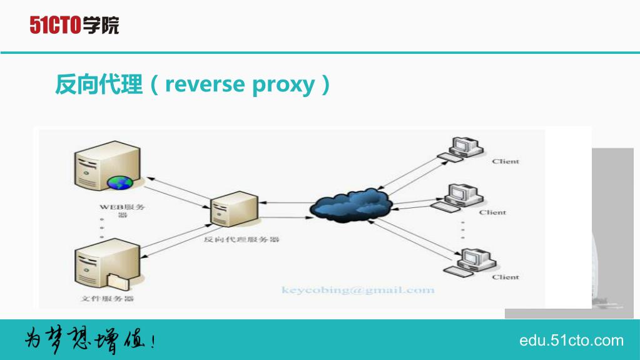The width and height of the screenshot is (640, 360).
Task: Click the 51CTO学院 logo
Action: [x=74, y=25]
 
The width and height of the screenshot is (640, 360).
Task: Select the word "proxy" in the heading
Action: [x=283, y=86]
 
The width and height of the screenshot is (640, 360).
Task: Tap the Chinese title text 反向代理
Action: [x=99, y=85]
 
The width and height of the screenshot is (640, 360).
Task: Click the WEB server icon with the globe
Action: [x=108, y=166]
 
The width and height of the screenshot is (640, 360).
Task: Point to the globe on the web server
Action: [x=119, y=183]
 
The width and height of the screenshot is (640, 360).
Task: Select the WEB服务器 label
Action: [x=122, y=210]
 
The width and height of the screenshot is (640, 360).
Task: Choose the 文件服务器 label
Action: [x=108, y=298]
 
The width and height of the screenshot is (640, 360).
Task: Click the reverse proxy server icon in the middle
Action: [x=234, y=209]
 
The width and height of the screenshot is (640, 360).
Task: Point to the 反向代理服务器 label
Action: [x=241, y=239]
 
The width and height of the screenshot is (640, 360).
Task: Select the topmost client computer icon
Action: [x=461, y=150]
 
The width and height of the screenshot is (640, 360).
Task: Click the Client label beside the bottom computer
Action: [x=505, y=277]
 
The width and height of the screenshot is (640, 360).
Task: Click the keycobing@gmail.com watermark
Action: [x=358, y=290]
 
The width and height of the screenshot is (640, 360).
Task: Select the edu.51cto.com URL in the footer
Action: [x=571, y=341]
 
